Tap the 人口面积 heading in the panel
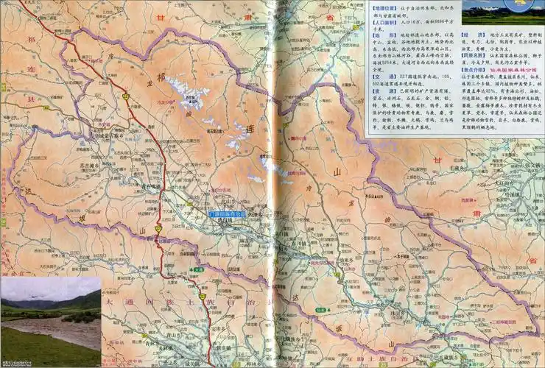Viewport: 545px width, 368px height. [387, 22]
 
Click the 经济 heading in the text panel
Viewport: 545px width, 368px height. [468, 34]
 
